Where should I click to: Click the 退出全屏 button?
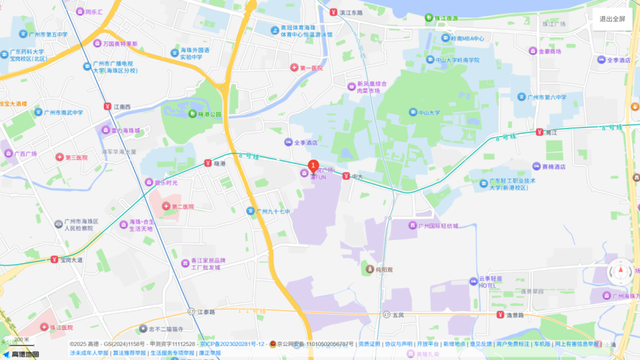(x=612, y=19)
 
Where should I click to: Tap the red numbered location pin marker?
(x=313, y=167)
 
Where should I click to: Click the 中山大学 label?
(x=429, y=113)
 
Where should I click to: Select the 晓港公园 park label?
(x=209, y=114)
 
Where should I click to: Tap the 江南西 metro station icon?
(x=107, y=107)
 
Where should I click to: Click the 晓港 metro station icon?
(x=207, y=163)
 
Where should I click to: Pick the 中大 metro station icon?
(x=346, y=176)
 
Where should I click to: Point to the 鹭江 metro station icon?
(x=539, y=133)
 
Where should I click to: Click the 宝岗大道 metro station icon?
(x=55, y=260)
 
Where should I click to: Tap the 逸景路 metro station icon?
(x=499, y=315)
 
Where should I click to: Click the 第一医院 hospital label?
(x=311, y=68)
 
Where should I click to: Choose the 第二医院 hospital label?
(x=182, y=207)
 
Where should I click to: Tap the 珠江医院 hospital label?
(x=61, y=327)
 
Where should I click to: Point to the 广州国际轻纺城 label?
(x=437, y=226)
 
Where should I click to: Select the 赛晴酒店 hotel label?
(x=553, y=167)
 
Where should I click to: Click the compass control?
(x=621, y=271)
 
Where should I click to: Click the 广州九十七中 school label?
(x=273, y=211)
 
